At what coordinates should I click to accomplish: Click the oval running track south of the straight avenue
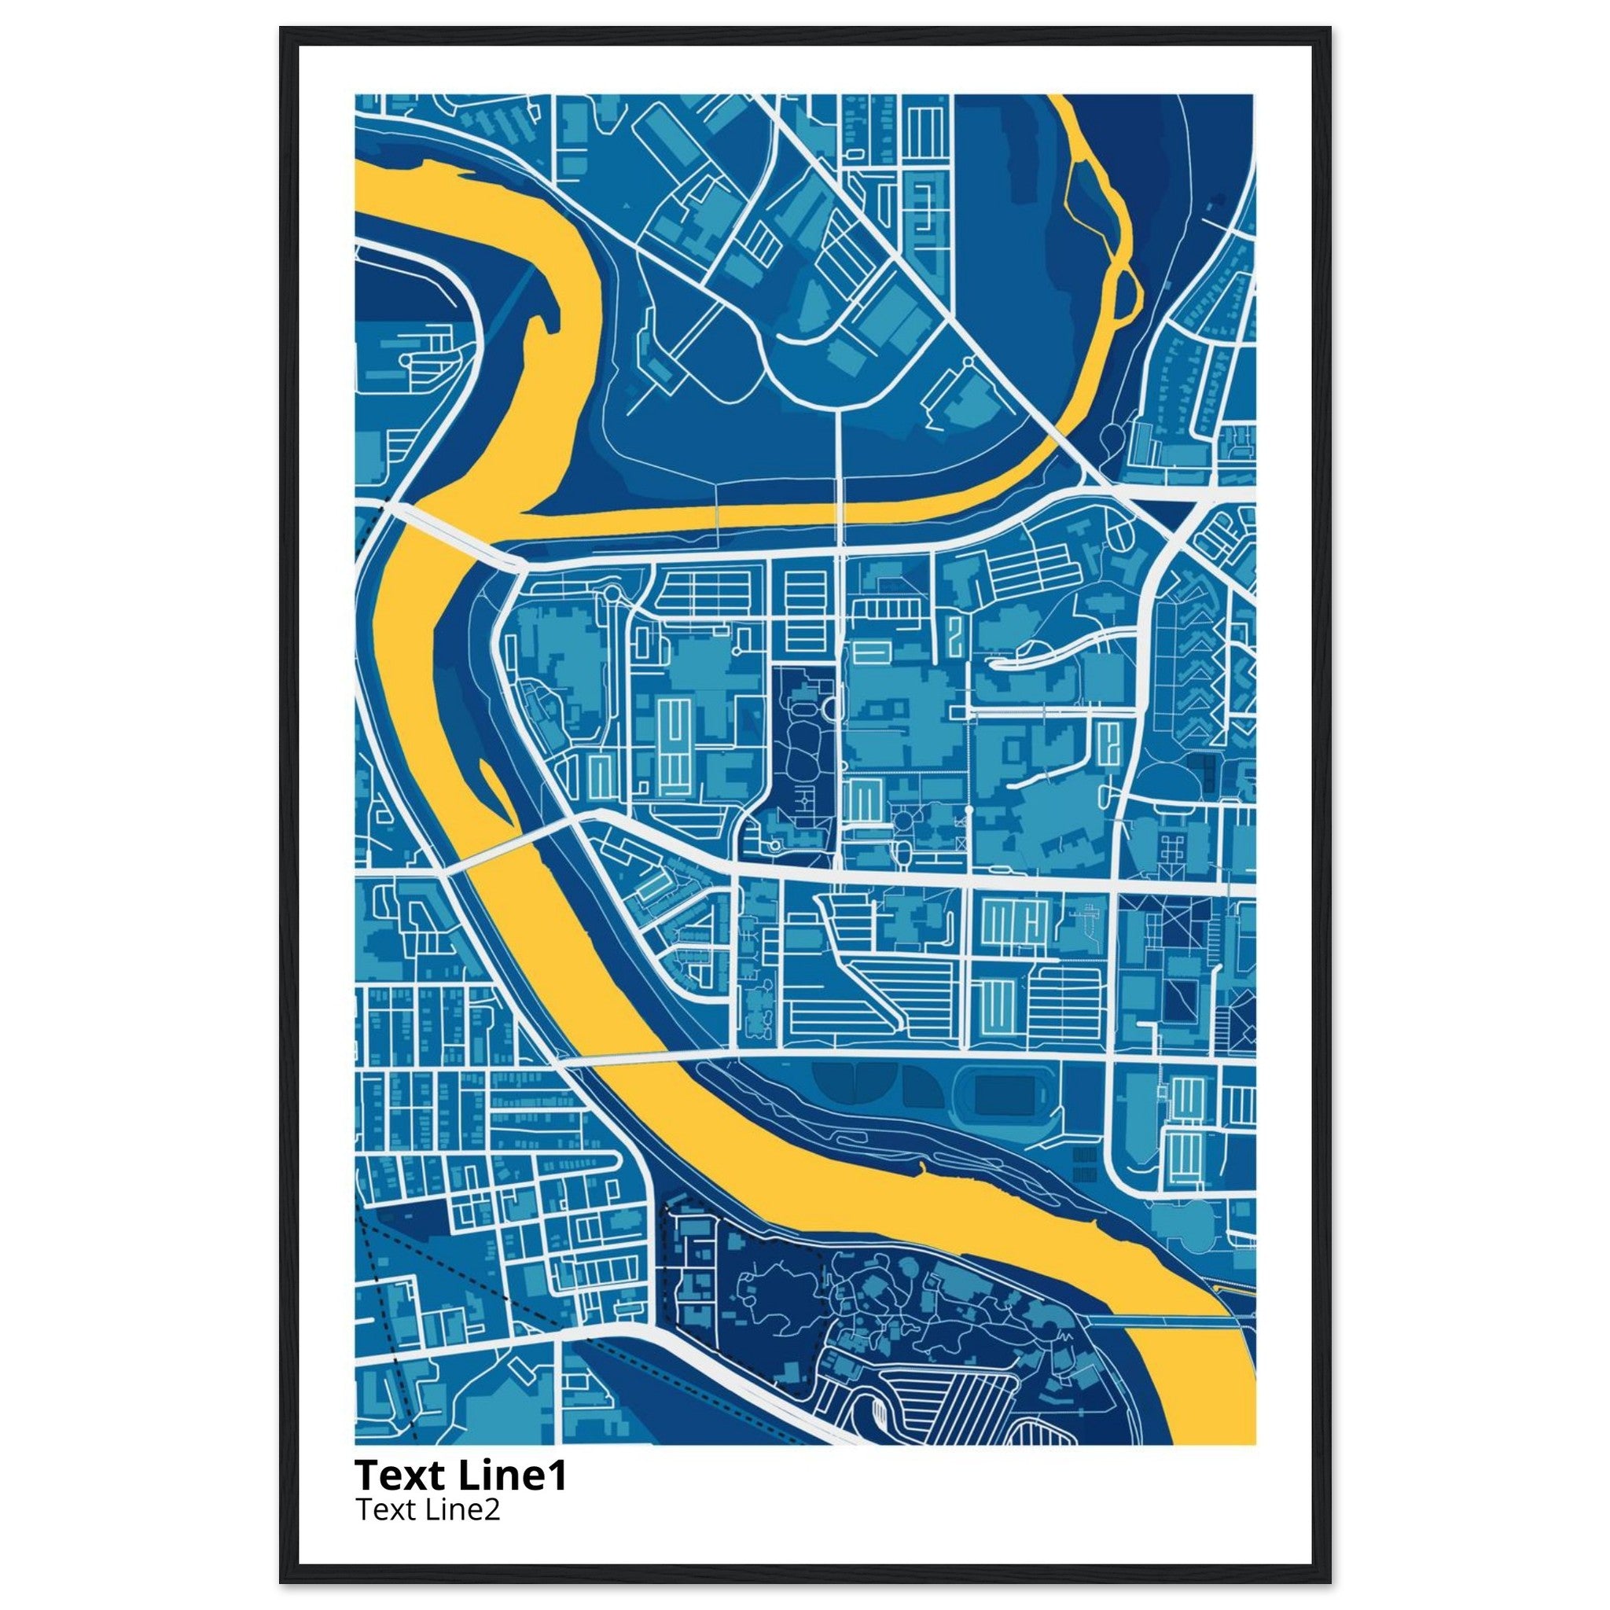pos(1002,1091)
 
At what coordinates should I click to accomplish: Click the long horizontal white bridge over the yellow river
pos(634,1057)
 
